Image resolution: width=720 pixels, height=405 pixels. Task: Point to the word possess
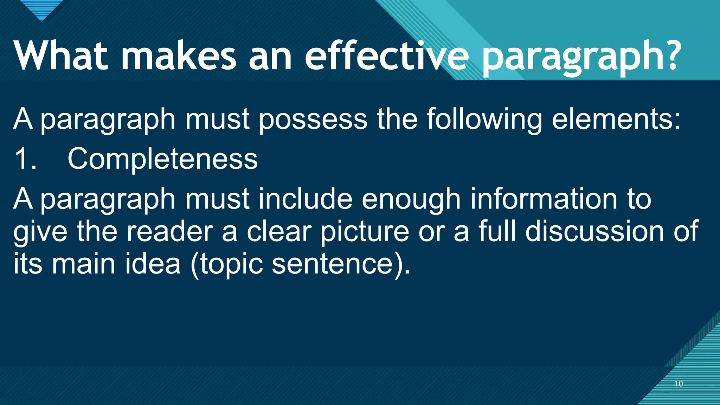click(x=313, y=120)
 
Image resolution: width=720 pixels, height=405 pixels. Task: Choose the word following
click(x=484, y=120)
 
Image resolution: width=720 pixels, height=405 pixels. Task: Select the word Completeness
click(x=162, y=159)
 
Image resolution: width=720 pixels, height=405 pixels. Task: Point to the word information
click(x=544, y=199)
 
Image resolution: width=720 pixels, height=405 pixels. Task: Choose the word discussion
click(x=594, y=232)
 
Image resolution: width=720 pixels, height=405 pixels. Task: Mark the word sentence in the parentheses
click(x=332, y=264)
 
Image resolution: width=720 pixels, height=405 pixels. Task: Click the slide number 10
click(x=679, y=384)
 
